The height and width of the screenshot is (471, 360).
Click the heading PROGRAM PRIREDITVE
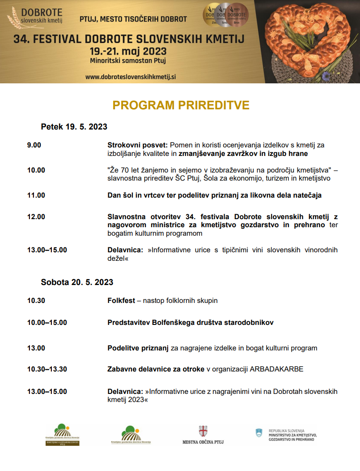(x=181, y=105)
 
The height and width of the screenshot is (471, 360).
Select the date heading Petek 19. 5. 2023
(x=74, y=127)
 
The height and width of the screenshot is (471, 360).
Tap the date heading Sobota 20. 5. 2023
(x=77, y=282)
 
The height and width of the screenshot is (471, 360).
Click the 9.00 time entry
(x=34, y=145)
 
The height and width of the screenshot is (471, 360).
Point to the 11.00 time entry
(x=36, y=195)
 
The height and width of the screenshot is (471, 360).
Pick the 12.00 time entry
(x=36, y=217)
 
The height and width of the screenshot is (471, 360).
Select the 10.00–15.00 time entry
(x=47, y=323)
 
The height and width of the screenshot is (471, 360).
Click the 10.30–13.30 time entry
(x=47, y=369)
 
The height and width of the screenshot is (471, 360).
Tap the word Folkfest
(x=121, y=301)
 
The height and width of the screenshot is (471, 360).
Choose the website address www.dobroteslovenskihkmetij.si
(x=131, y=77)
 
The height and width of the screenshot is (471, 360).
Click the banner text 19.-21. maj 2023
(x=128, y=51)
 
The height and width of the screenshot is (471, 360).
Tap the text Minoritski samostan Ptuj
(x=128, y=60)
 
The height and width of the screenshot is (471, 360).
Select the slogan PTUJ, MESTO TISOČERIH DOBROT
(x=133, y=19)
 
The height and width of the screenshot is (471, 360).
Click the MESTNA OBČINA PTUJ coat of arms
(x=203, y=431)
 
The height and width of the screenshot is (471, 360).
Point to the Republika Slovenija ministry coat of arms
(x=258, y=433)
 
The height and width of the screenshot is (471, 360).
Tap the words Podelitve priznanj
(x=138, y=348)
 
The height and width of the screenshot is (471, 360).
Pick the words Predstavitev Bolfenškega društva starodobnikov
(x=191, y=323)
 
